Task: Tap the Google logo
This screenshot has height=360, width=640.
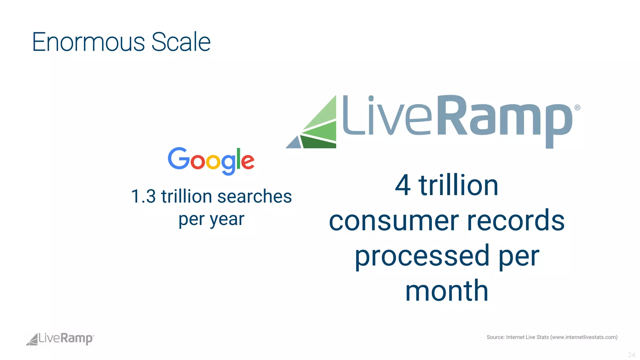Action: click(x=211, y=161)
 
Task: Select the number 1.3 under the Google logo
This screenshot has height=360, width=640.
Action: click(x=143, y=197)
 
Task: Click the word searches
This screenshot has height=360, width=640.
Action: click(x=254, y=197)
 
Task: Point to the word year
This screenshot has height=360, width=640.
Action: click(x=227, y=220)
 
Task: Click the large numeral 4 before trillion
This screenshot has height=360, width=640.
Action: click(x=402, y=185)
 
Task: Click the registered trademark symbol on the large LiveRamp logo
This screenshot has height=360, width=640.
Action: click(x=577, y=107)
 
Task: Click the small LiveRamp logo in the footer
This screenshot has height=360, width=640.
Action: click(x=60, y=339)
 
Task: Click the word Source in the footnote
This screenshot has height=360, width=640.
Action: click(x=495, y=337)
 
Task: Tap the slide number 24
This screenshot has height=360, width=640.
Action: click(x=631, y=355)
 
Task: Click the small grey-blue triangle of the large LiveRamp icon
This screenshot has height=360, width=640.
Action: click(x=294, y=143)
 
